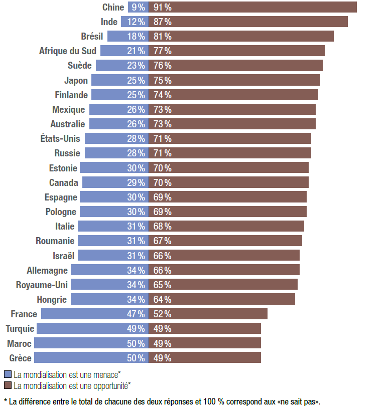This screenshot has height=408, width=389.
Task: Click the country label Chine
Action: (113, 7)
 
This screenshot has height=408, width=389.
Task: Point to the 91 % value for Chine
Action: (163, 7)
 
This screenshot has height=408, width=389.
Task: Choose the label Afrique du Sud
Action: (68, 51)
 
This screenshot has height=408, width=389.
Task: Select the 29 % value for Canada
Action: (135, 182)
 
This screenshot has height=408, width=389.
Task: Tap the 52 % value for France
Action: (163, 314)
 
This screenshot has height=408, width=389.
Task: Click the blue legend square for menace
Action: (8, 374)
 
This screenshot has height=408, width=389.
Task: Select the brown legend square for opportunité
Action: (8, 385)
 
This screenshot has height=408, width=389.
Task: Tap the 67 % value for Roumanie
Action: (163, 241)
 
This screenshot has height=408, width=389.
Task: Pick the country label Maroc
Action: (19, 343)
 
